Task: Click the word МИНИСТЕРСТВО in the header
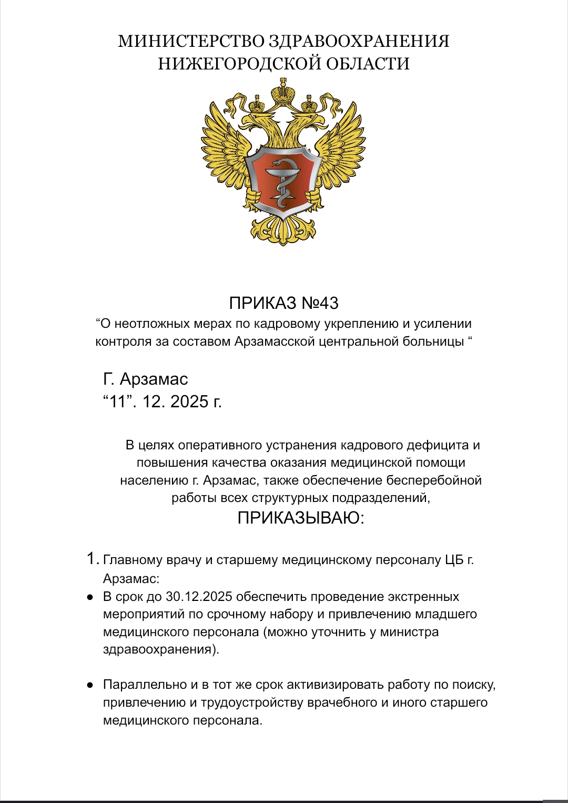pos(191,41)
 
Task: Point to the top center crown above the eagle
pos(284,92)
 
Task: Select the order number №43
pos(320,303)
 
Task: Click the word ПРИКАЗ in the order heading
pos(262,303)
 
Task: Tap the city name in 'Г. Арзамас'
pos(154,379)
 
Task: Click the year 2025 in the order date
pos(189,401)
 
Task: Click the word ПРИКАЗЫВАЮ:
pos(301,518)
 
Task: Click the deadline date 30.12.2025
pos(199,597)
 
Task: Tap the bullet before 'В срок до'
pos(90,597)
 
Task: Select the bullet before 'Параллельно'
pos(90,685)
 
